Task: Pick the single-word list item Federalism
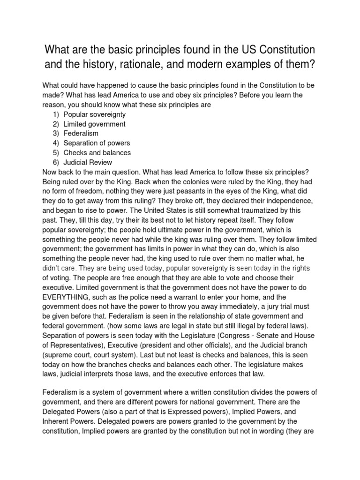[x=81, y=134]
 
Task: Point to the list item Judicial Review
[x=88, y=162]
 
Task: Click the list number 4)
[x=56, y=143]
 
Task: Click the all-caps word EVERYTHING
[x=70, y=297]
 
